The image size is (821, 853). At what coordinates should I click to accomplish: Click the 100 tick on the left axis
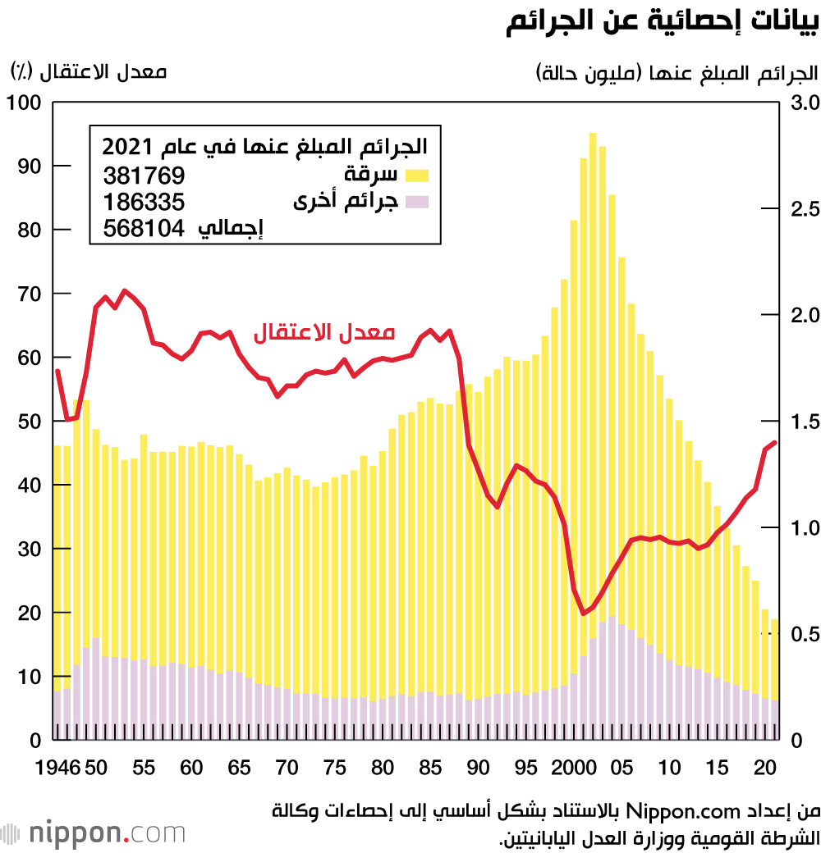pos(24,103)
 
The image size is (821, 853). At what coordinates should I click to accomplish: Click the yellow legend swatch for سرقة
pos(417,174)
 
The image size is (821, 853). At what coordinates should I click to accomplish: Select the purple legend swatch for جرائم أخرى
pos(417,201)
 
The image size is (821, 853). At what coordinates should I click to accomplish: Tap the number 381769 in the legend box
pos(144,175)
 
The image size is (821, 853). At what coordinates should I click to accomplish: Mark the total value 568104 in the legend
pos(144,229)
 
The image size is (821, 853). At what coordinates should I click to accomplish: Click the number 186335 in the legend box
pos(144,202)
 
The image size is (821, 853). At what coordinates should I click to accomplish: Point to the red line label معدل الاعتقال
pos(324,332)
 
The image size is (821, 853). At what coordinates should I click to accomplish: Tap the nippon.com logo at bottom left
pos(94,833)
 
